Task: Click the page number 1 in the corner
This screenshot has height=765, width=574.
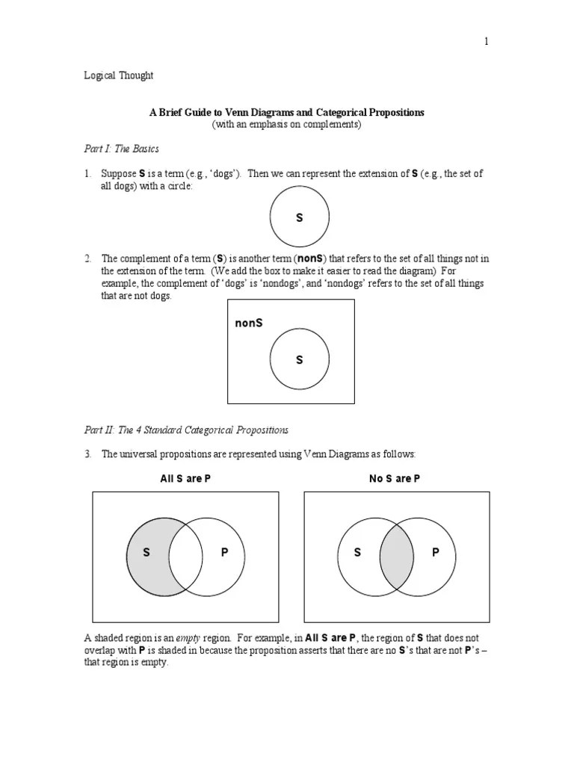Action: point(486,42)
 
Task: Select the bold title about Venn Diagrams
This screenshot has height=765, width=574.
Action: point(286,112)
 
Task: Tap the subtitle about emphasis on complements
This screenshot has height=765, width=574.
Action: point(286,125)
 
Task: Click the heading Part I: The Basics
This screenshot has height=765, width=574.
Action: point(121,149)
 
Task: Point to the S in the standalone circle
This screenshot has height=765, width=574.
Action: point(299,218)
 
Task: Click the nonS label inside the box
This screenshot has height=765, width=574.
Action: point(248,323)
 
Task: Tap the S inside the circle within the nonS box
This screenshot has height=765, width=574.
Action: point(299,360)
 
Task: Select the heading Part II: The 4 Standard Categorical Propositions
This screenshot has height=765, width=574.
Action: point(185,430)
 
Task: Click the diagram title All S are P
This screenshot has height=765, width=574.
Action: point(185,479)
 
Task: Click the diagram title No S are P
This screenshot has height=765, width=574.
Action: point(395,479)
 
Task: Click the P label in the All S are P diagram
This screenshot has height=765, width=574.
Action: point(223,553)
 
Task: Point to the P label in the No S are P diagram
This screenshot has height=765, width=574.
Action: point(435,553)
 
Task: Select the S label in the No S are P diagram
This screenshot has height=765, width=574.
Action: point(357,553)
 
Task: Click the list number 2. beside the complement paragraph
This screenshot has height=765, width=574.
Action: point(87,258)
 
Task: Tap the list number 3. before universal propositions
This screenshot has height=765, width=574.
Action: point(87,454)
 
